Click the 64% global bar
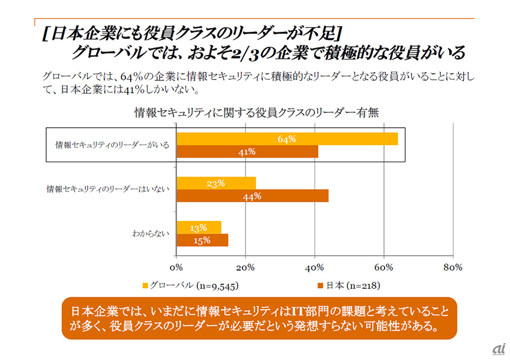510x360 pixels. (287, 139)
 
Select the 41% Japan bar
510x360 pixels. (247, 152)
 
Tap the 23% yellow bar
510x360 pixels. (216, 183)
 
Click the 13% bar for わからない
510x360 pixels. (199, 227)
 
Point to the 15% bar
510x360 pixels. (202, 241)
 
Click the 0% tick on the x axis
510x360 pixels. (176, 266)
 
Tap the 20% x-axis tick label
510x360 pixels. (245, 266)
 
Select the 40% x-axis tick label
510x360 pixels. (314, 266)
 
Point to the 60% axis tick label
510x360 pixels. (383, 266)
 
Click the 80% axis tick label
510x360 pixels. (452, 266)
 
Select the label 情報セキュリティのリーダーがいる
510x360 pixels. (112, 145)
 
